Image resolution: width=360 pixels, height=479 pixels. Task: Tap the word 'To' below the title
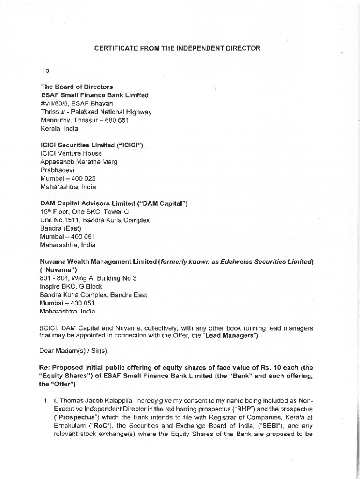(x=45, y=70)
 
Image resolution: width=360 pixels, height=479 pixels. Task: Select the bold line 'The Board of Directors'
(x=77, y=87)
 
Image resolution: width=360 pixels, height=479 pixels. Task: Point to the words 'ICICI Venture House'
(x=71, y=153)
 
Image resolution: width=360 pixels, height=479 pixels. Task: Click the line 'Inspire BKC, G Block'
(x=72, y=286)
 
